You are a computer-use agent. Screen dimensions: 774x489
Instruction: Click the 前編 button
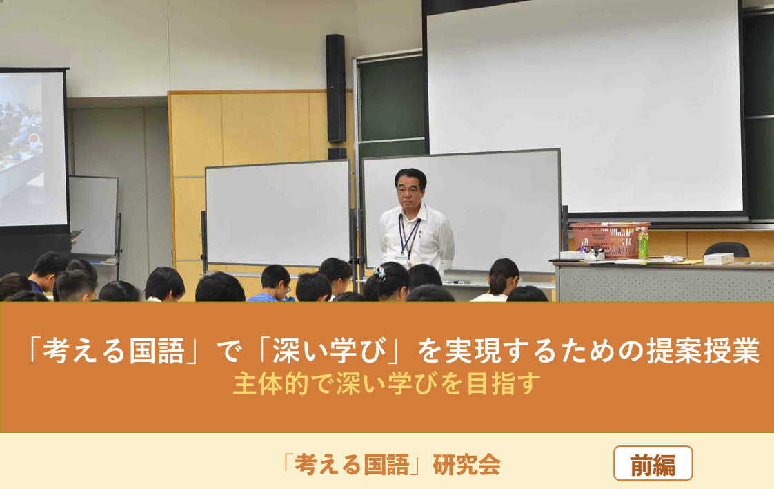click(x=653, y=463)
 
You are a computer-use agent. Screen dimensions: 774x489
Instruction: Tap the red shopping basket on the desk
click(x=609, y=240)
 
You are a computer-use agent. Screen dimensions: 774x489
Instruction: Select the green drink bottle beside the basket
click(x=643, y=243)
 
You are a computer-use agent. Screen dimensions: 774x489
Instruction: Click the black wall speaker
click(x=336, y=88)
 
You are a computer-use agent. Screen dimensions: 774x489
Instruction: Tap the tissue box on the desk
click(x=718, y=258)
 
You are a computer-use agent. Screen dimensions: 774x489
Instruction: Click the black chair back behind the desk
click(x=726, y=250)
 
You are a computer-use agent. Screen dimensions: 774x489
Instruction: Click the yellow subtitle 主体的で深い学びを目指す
click(x=387, y=384)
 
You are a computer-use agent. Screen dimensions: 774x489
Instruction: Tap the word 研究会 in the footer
click(x=466, y=464)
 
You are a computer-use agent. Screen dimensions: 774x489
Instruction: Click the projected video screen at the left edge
click(x=32, y=148)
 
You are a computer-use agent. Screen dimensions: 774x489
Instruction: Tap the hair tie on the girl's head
click(x=379, y=272)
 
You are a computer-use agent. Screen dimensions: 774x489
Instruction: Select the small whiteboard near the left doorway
click(x=93, y=215)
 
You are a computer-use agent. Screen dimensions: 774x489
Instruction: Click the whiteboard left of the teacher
click(x=278, y=213)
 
